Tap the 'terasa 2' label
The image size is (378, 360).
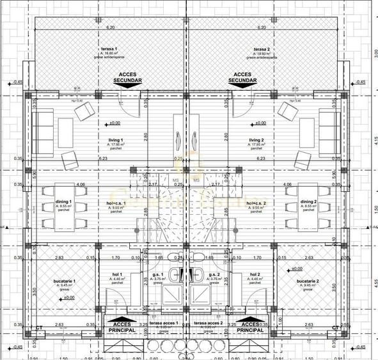pos(260,49)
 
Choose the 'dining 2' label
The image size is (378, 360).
pos(310,202)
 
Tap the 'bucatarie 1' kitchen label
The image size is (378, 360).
pos(65,281)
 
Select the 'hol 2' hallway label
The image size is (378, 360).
pos(255,274)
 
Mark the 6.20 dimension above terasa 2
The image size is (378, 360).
pos(262,27)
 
